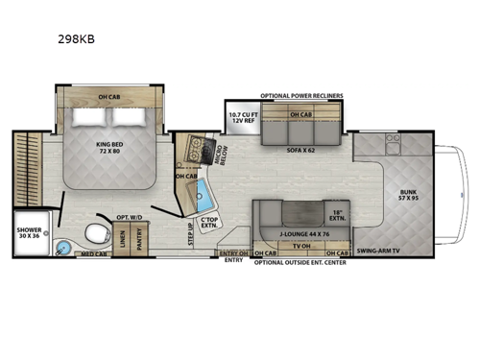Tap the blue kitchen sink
[203, 199]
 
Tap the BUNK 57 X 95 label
[409, 195]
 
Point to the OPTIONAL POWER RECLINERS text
[300, 96]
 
